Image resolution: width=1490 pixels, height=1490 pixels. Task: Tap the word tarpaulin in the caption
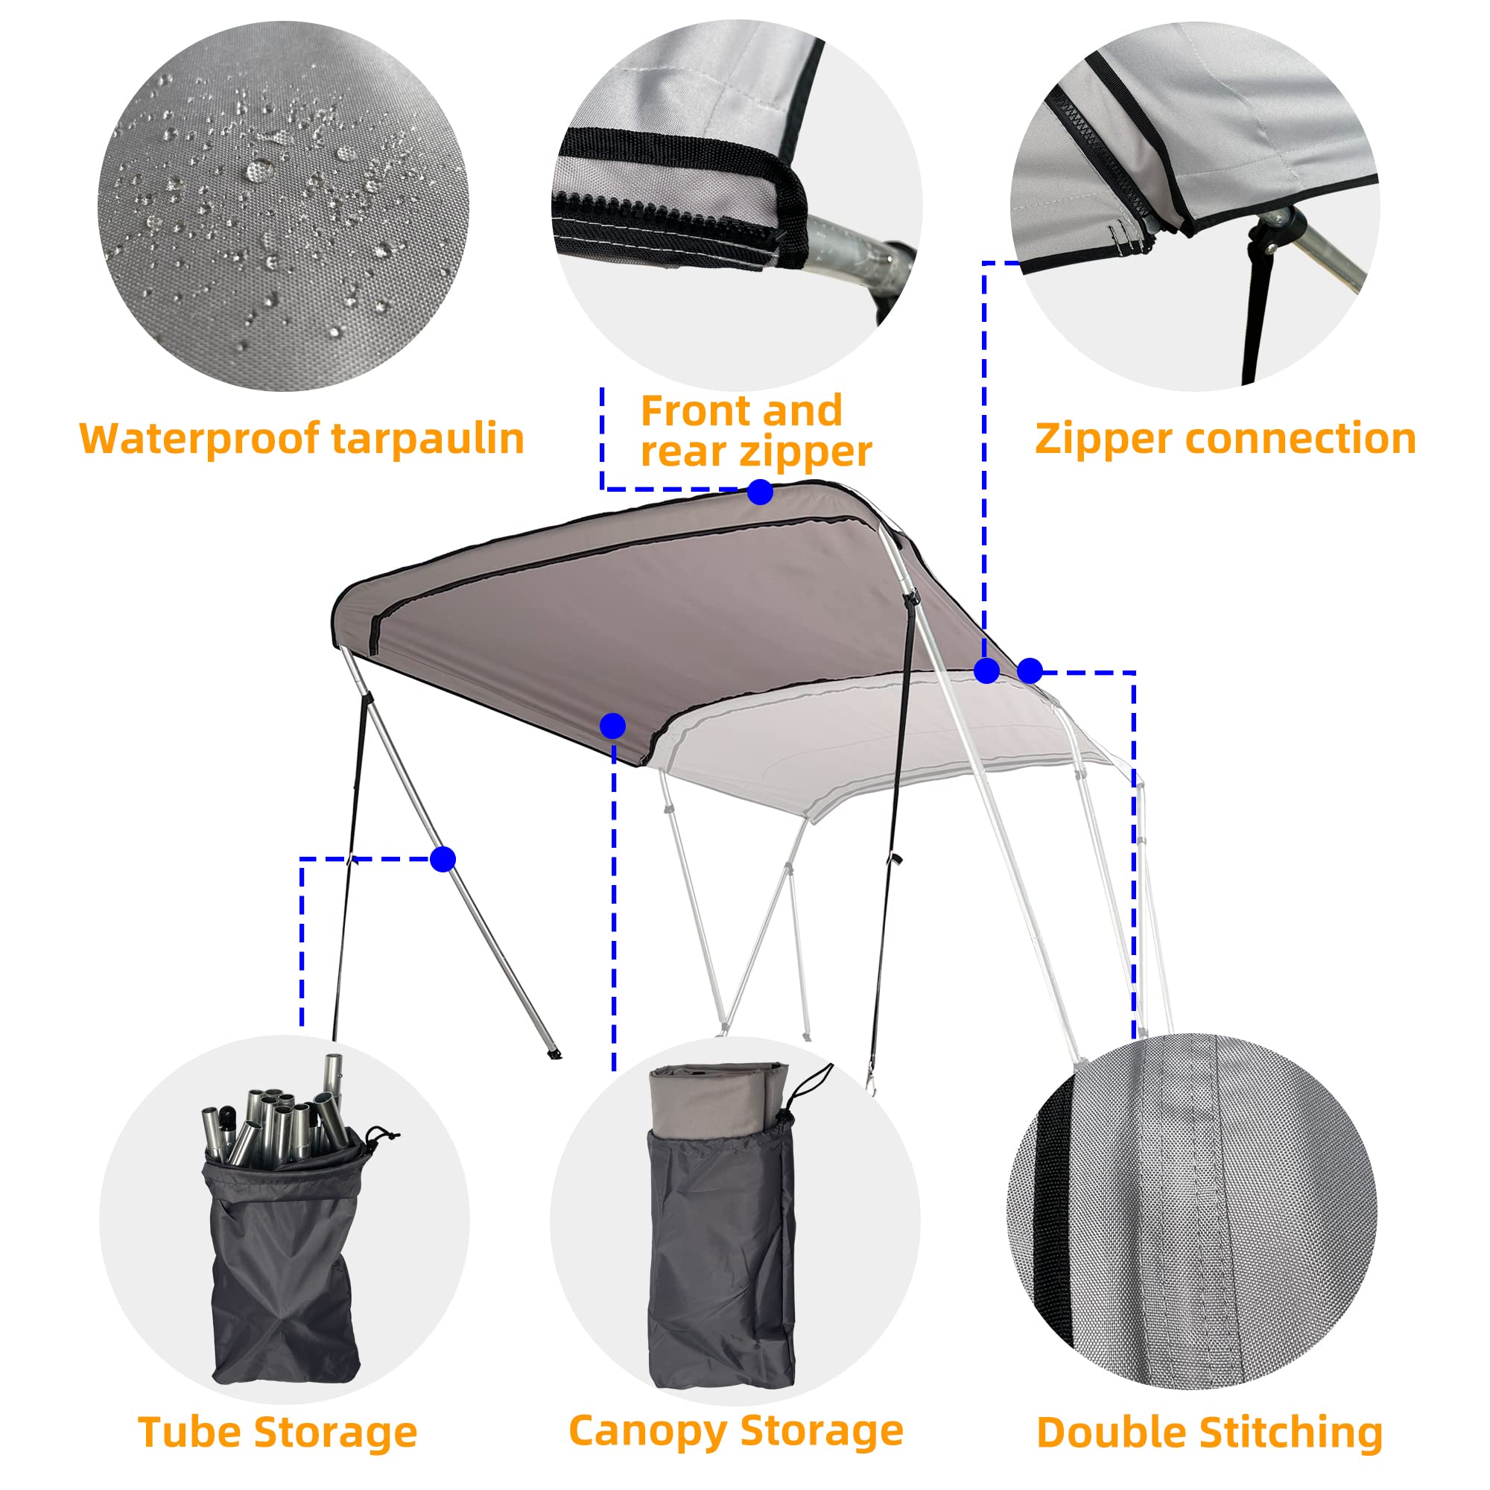click(x=429, y=440)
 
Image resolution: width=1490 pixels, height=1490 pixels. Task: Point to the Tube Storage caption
click(x=278, y=1432)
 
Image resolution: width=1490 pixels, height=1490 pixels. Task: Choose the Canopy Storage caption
click(x=736, y=1430)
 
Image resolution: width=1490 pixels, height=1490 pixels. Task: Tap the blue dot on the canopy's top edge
click(x=760, y=491)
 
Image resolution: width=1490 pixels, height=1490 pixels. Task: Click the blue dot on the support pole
click(x=443, y=858)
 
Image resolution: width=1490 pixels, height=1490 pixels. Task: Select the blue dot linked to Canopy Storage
click(x=612, y=725)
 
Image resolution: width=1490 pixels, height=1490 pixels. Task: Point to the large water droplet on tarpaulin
click(x=260, y=170)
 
